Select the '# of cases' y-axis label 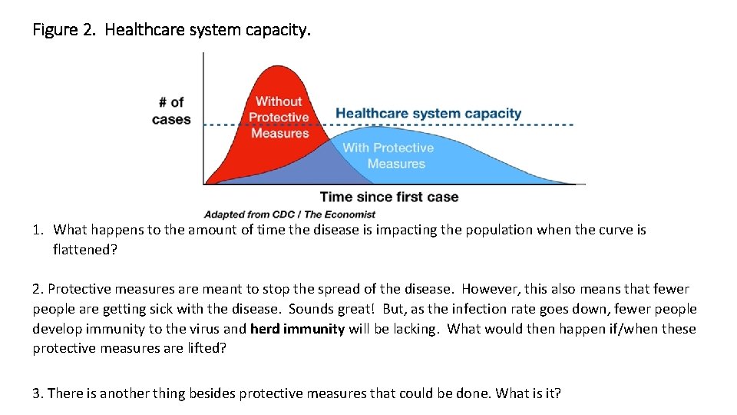click(x=171, y=110)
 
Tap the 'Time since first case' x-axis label click(x=388, y=197)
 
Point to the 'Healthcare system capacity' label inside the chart click(x=428, y=114)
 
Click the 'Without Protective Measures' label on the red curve click(x=279, y=117)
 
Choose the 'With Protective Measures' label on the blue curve click(x=388, y=155)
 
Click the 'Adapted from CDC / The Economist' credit click(x=289, y=214)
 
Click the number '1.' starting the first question click(x=39, y=230)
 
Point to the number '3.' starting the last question click(x=38, y=393)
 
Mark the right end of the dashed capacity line click(x=572, y=124)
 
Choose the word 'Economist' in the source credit click(x=352, y=214)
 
